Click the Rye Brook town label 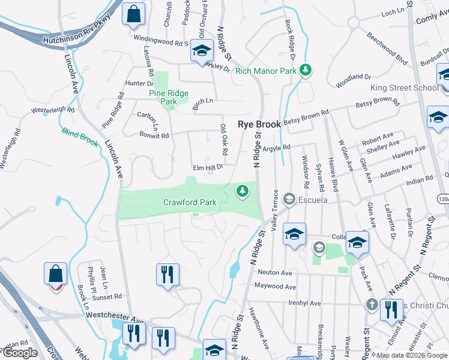(x=259, y=124)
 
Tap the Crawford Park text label (x=190, y=203)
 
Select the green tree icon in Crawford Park (x=243, y=191)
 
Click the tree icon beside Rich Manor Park (x=306, y=71)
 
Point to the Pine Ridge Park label (x=169, y=97)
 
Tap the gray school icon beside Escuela (x=289, y=199)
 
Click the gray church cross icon (x=372, y=304)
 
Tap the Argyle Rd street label (x=277, y=147)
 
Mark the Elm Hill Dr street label (x=206, y=167)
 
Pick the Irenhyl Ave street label (x=304, y=303)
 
